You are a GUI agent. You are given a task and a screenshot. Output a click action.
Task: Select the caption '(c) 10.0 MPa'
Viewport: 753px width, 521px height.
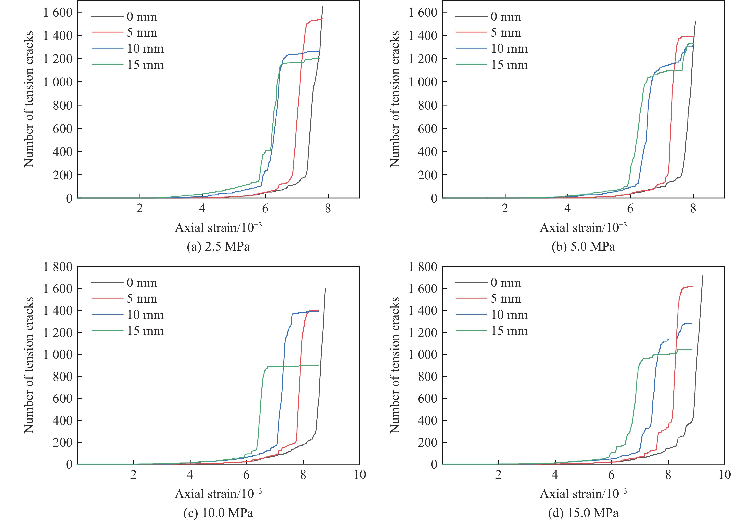pos(218,513)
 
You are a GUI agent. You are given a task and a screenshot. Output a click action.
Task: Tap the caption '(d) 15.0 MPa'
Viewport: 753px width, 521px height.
pos(583,513)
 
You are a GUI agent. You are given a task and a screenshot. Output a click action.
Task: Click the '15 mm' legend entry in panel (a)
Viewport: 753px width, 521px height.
pos(145,65)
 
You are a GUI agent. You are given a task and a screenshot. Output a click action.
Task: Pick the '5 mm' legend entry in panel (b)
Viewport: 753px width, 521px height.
pos(506,33)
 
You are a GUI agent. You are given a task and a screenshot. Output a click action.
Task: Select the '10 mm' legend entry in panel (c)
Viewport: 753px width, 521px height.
pos(145,315)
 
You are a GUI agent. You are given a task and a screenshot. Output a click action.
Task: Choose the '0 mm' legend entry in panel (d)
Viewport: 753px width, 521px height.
pos(506,283)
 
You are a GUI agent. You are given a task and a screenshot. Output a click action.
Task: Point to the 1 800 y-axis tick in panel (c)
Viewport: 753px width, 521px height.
pos(58,267)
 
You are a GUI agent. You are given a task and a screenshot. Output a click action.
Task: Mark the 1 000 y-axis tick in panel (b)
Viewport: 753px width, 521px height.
pos(424,82)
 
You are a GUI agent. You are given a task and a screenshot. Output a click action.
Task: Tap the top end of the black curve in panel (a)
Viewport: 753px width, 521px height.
pos(323,7)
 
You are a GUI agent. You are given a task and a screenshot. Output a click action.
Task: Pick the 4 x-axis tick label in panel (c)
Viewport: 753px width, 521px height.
pos(190,475)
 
